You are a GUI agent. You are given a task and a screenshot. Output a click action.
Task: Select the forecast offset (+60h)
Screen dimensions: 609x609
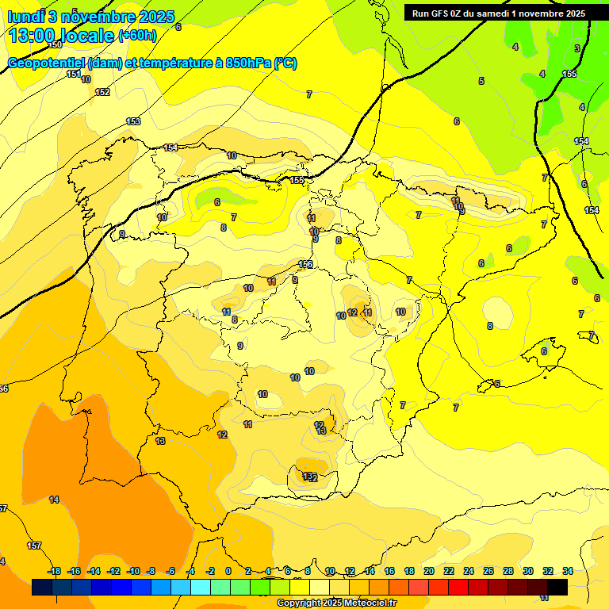137,35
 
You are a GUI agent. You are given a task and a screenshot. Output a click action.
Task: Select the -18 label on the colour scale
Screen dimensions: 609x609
55,571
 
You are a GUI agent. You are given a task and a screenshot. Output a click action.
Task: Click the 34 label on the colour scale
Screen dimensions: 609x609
568,571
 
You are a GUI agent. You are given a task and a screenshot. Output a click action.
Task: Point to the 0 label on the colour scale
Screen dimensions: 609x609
228,571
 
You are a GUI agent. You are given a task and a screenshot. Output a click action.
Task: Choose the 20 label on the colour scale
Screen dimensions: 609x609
429,571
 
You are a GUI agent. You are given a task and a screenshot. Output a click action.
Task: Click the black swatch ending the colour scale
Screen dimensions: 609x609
557,587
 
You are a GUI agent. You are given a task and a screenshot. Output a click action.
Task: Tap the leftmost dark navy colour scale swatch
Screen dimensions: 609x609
42,587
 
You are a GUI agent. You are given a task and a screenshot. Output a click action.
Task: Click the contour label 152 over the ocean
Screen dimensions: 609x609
102,92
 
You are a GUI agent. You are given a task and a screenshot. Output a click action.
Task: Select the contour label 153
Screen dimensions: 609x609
133,121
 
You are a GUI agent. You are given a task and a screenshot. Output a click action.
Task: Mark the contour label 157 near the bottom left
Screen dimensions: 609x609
34,546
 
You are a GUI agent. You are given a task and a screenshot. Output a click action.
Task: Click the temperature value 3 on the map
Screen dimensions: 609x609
576,48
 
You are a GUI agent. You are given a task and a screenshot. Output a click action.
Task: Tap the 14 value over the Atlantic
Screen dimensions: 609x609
54,500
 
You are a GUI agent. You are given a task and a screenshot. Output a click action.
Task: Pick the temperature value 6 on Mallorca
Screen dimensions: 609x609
544,351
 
